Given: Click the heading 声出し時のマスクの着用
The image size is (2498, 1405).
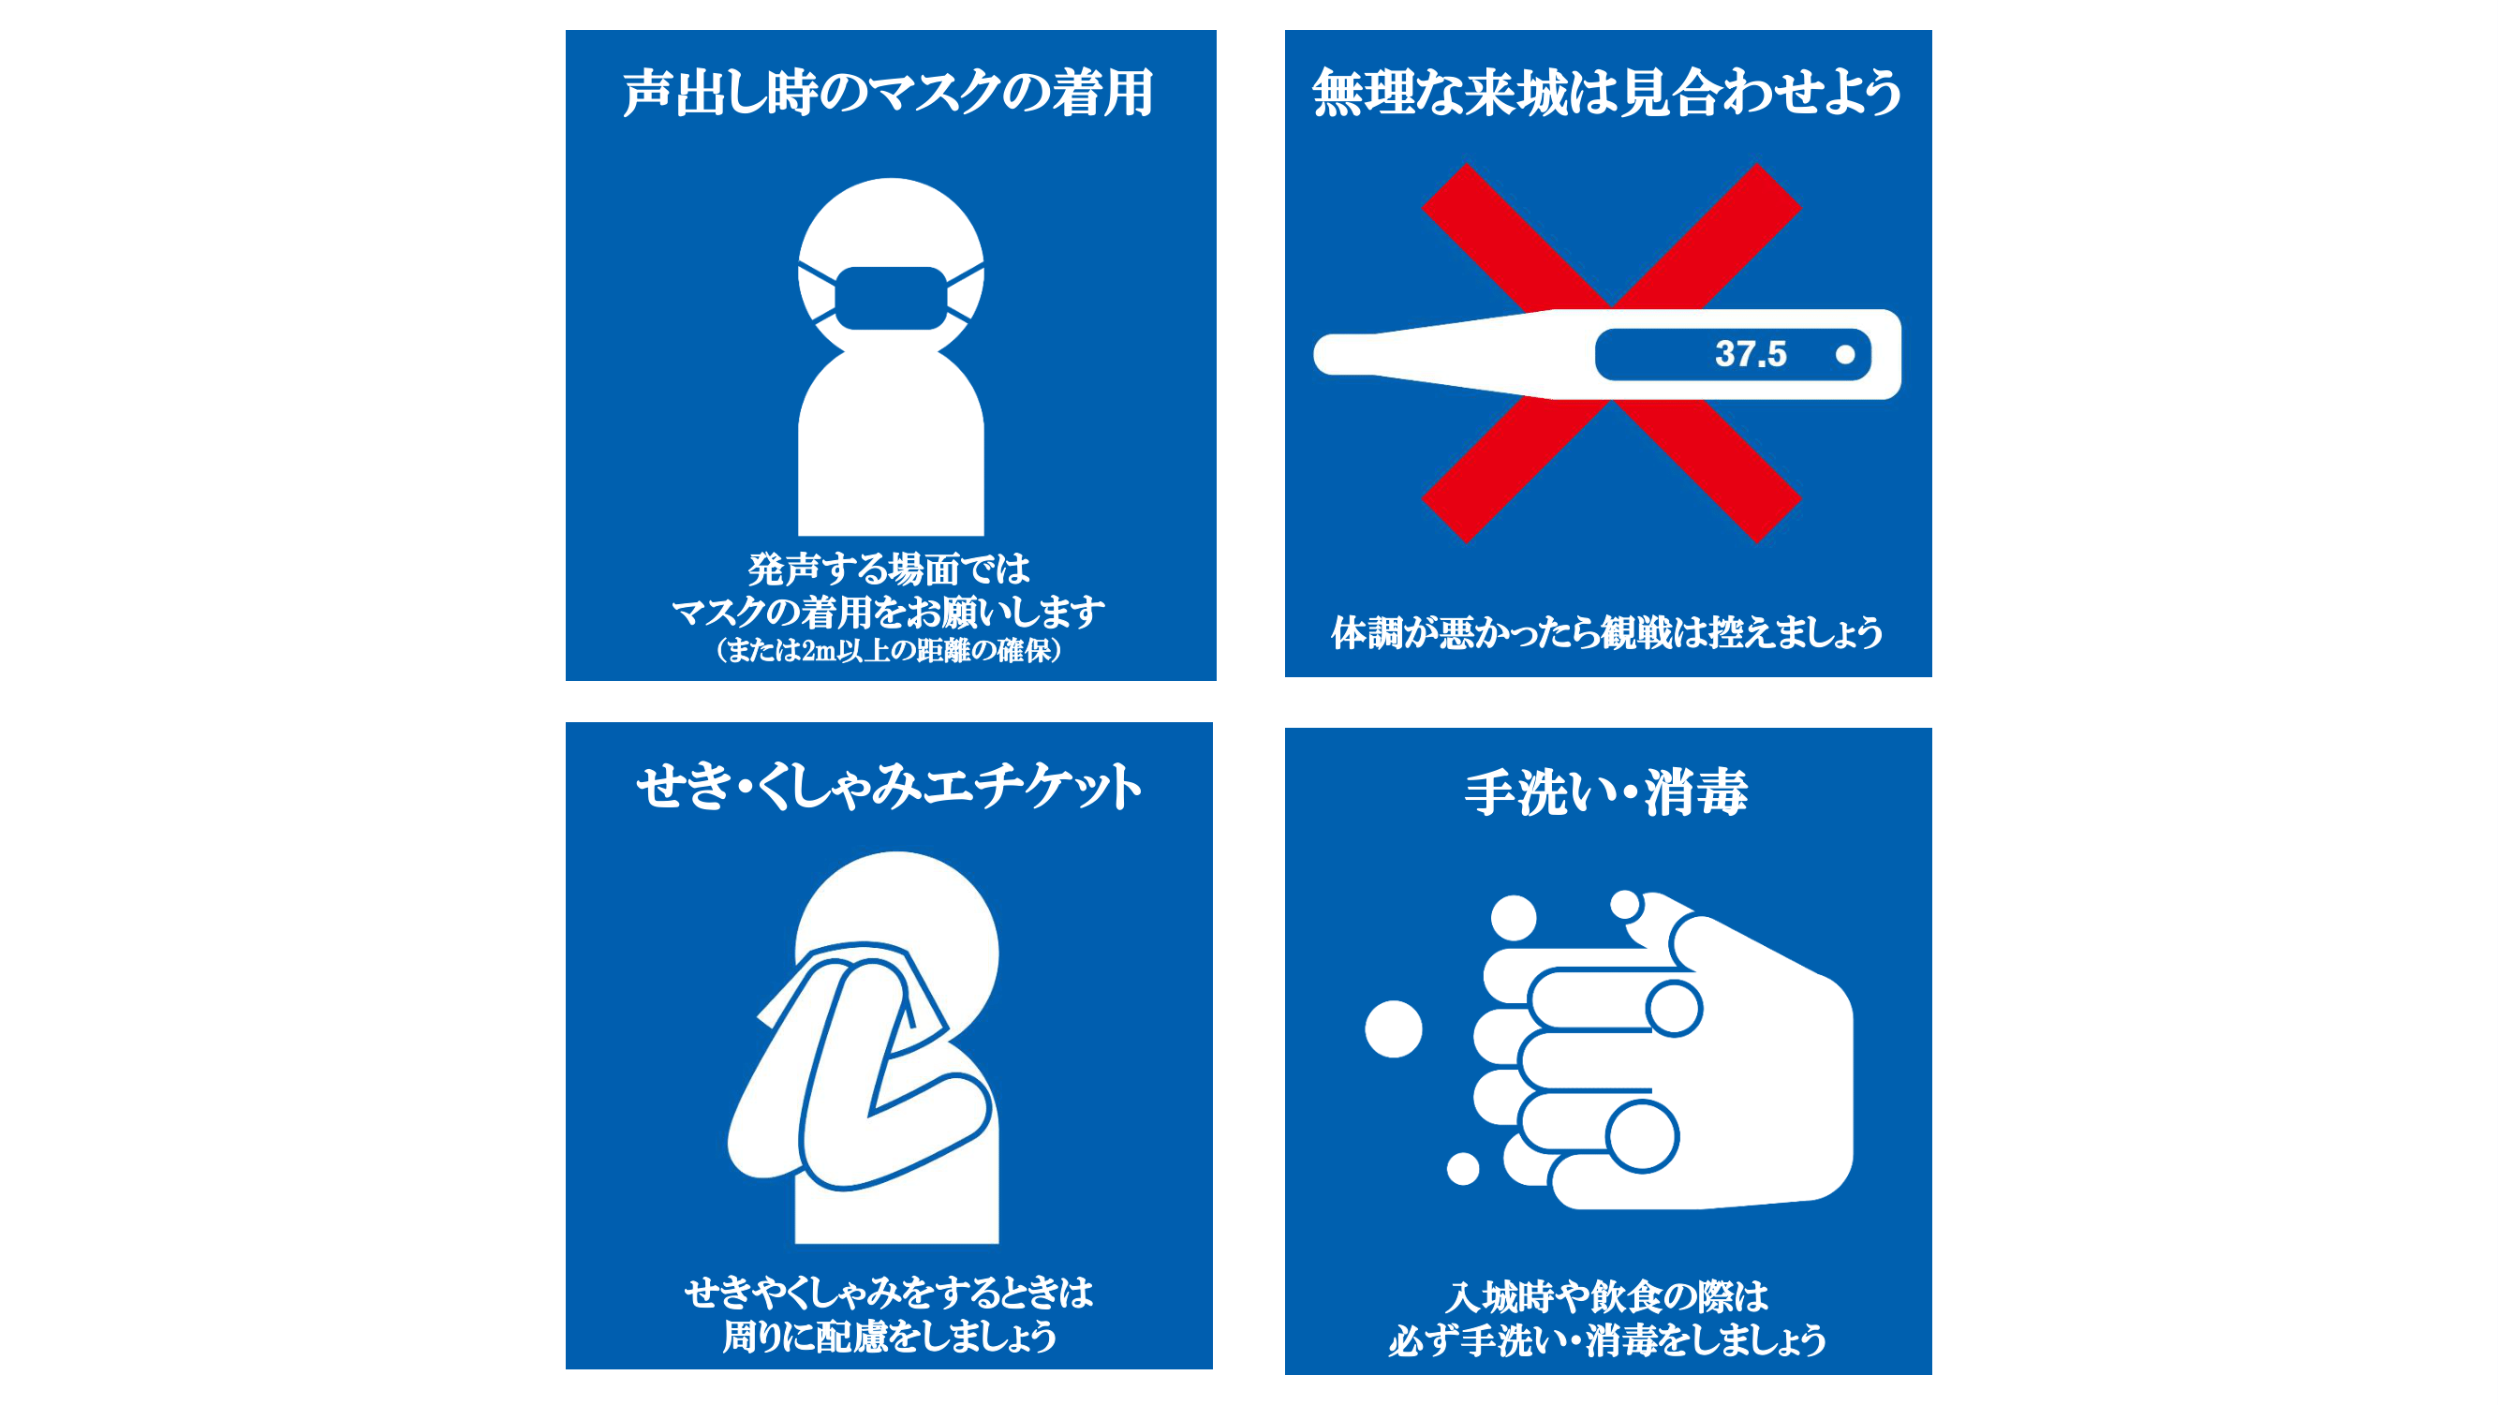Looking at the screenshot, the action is [888, 93].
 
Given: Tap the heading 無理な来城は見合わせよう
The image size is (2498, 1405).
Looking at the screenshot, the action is [1607, 93].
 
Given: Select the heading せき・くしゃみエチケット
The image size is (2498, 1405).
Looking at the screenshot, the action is [888, 786].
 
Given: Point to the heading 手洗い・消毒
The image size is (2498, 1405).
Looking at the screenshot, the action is [1607, 791].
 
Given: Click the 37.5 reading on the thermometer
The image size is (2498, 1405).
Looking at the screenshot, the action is [1751, 354].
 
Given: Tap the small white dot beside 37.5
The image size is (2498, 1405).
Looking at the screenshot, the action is [1845, 355].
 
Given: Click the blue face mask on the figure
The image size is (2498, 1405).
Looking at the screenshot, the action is [890, 298].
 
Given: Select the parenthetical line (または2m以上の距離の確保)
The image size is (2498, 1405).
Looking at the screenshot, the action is [888, 650].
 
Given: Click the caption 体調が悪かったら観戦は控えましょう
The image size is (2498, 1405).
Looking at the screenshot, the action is [1607, 632].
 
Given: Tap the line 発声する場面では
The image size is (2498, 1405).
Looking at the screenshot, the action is [888, 569].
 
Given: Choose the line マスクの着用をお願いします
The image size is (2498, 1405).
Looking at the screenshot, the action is [888, 612].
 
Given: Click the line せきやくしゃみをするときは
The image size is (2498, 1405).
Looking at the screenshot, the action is [888, 1293].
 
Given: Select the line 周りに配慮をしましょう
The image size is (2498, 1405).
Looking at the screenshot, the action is [888, 1337].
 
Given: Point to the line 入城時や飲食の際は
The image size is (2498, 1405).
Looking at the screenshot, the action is [1607, 1296].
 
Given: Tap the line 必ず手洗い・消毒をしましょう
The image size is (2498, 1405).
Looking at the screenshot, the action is [1607, 1340].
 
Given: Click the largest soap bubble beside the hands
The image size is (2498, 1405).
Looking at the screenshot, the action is [1394, 1028].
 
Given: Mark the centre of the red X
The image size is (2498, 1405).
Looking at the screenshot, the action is [1611, 353].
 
